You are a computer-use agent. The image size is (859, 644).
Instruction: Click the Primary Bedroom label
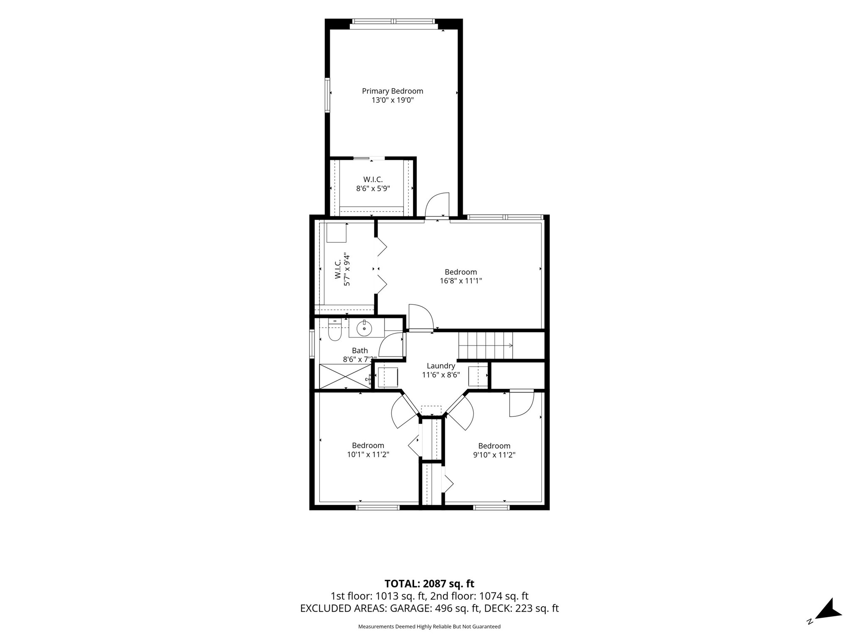tap(393, 91)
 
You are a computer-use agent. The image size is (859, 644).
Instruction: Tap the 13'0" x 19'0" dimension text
tap(393, 100)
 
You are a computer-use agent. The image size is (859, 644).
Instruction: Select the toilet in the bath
tap(335, 330)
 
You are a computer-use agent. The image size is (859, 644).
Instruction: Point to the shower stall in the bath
tap(346, 376)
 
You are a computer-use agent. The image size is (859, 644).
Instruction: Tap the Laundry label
tap(441, 366)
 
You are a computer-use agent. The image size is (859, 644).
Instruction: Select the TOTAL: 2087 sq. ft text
tap(429, 584)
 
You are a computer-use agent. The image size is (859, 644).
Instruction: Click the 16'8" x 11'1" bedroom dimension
tap(461, 281)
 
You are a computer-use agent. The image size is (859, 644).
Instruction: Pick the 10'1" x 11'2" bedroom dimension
tap(368, 454)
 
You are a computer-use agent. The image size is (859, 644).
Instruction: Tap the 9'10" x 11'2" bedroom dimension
tap(494, 455)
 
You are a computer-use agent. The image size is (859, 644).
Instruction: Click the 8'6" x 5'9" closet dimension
tap(373, 189)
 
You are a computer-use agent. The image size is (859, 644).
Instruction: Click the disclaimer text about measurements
tap(429, 627)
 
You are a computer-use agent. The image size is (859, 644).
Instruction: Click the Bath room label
tap(360, 351)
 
